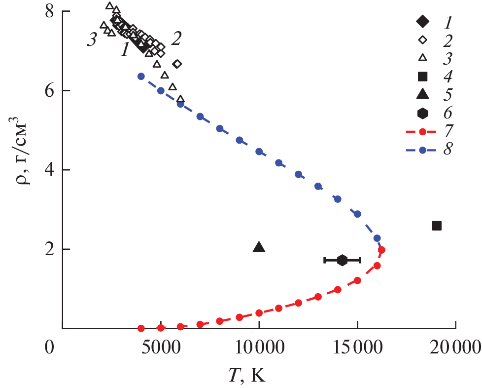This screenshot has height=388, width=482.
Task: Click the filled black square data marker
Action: click(x=437, y=226)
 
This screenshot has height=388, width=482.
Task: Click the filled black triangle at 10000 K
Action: click(x=259, y=247)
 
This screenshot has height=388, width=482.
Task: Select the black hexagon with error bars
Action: click(x=342, y=260)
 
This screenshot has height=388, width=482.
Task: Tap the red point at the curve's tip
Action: click(x=381, y=250)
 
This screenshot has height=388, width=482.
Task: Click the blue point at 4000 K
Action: click(x=141, y=76)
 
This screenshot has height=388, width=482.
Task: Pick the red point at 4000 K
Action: click(x=141, y=328)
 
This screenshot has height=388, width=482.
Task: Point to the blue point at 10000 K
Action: click(x=259, y=152)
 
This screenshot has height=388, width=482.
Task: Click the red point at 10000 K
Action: click(x=259, y=313)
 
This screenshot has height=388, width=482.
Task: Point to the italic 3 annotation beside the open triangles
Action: click(x=91, y=41)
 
